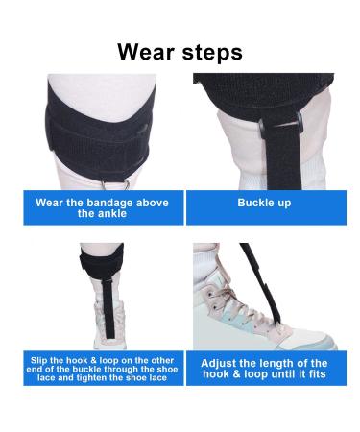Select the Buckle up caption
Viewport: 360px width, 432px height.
click(x=264, y=203)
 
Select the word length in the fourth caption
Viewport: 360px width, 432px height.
click(x=277, y=363)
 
